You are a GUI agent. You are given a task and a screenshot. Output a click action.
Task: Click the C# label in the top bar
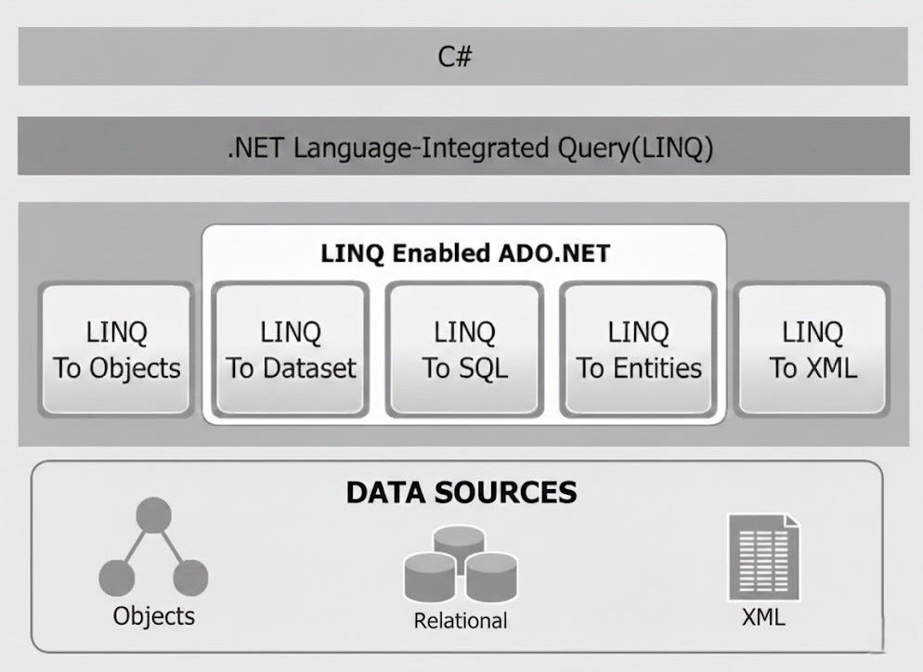(x=455, y=57)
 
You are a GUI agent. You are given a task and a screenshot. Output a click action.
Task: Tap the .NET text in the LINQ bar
(x=256, y=147)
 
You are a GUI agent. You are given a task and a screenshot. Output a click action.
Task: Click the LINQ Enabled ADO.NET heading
(x=463, y=252)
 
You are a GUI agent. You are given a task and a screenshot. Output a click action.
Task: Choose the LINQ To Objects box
(x=117, y=349)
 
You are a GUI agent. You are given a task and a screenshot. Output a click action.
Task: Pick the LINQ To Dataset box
(x=291, y=349)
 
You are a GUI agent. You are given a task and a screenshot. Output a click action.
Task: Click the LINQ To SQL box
(x=464, y=349)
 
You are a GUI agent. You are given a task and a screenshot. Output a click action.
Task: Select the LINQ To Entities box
(x=639, y=349)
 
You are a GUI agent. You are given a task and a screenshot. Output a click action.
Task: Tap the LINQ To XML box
(x=812, y=349)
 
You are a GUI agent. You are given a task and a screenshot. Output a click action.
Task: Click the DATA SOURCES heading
(x=461, y=491)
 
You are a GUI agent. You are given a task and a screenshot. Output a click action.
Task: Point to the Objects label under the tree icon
(x=154, y=614)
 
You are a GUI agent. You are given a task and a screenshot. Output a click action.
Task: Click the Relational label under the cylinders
(x=461, y=620)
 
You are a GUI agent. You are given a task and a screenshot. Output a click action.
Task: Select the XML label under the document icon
(x=763, y=615)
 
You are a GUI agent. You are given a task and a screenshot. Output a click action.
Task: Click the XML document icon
(x=764, y=557)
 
